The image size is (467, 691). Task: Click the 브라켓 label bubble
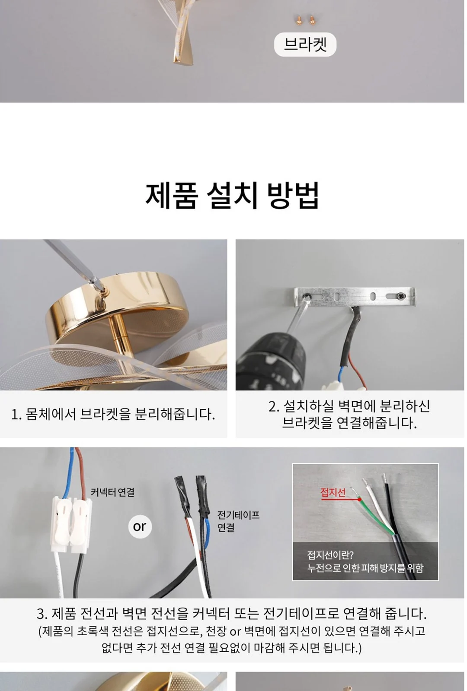[x=305, y=44]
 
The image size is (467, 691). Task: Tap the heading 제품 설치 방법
[x=232, y=196]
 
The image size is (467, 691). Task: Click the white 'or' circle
[x=140, y=526]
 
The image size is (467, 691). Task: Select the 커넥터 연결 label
[x=112, y=492]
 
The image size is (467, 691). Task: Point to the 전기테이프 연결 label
[x=238, y=521]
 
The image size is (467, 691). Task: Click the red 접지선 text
[x=333, y=492]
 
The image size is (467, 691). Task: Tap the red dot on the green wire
[x=359, y=499]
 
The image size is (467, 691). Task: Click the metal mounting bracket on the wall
[x=355, y=297]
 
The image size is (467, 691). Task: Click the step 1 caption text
[x=113, y=414]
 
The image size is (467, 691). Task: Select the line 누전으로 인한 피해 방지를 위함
[x=365, y=567]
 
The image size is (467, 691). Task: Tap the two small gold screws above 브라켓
[x=305, y=21]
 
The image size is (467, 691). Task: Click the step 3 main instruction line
[x=232, y=613]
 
